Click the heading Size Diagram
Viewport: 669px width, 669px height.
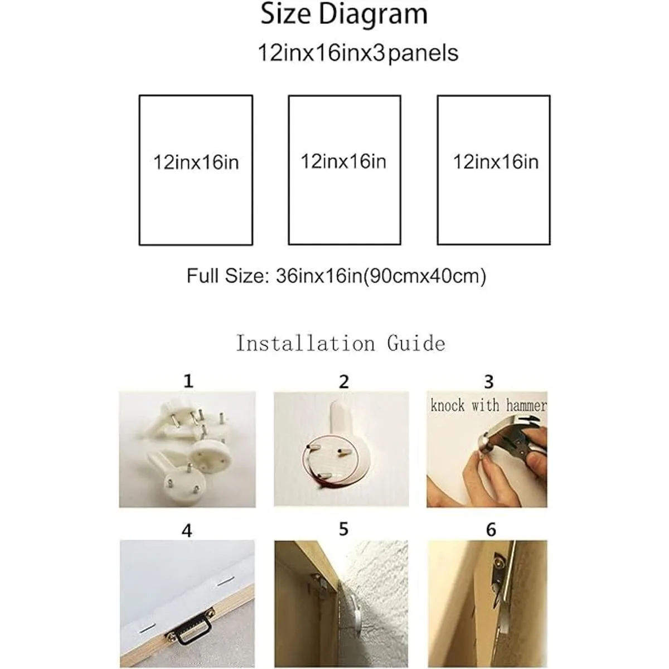[344, 14]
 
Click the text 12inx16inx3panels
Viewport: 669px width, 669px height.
[358, 54]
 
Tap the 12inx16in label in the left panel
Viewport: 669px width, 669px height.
[196, 162]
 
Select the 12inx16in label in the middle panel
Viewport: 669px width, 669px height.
[343, 162]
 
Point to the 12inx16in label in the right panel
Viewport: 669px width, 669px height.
[496, 162]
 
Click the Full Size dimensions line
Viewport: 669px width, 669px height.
[336, 277]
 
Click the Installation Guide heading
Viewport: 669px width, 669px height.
[340, 343]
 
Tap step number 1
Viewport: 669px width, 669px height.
[188, 381]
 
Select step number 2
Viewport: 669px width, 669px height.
[344, 382]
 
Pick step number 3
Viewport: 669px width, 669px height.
[488, 382]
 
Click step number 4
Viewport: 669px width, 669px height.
[187, 531]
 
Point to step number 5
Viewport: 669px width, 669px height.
[343, 530]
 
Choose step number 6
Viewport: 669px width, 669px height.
[491, 530]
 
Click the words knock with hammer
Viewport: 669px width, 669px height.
[488, 405]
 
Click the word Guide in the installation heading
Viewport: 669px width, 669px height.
[416, 343]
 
